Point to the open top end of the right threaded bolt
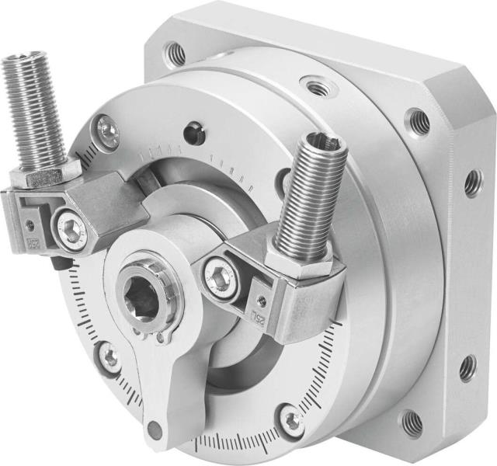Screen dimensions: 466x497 coord(325,141)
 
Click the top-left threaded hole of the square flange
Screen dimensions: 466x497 coord(176,54)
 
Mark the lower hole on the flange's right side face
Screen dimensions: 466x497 coord(467,367)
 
